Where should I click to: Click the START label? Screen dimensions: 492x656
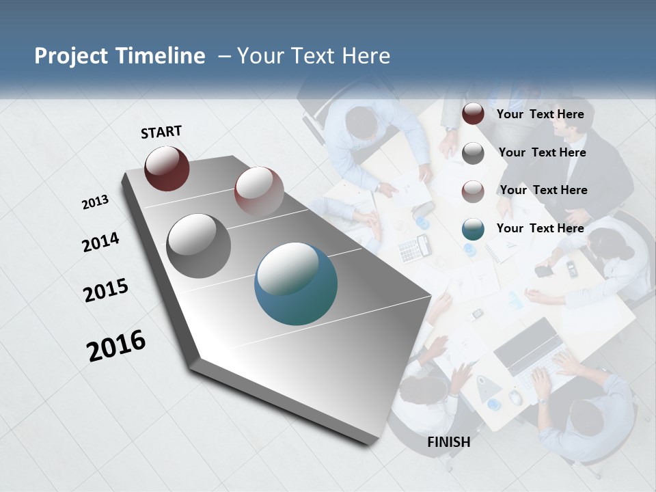click(x=161, y=132)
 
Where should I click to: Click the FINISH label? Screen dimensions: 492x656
click(x=449, y=442)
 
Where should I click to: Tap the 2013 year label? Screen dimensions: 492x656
click(x=95, y=202)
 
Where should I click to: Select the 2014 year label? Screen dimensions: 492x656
click(x=100, y=242)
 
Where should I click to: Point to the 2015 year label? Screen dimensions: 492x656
click(x=106, y=290)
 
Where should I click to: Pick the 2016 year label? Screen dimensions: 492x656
click(x=116, y=346)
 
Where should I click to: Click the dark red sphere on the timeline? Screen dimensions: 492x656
click(x=167, y=168)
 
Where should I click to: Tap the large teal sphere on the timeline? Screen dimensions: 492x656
click(x=296, y=284)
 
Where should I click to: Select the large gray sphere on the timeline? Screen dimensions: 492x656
click(x=199, y=246)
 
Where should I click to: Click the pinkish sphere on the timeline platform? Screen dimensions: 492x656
click(x=259, y=191)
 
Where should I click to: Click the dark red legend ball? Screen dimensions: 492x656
click(x=473, y=114)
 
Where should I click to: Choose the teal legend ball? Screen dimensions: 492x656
click(x=473, y=229)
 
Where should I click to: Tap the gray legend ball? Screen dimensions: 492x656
click(x=473, y=153)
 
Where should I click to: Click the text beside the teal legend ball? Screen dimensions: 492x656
click(x=541, y=228)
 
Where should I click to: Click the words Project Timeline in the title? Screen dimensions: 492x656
click(x=120, y=56)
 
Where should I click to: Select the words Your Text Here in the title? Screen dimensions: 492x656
click(x=313, y=56)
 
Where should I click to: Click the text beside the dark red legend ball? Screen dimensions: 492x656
click(x=541, y=114)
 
